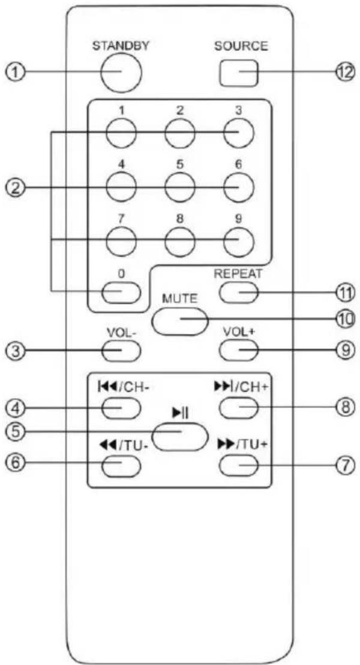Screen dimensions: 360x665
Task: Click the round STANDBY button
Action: pos(121,72)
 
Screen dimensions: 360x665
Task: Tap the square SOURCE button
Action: pos(239,72)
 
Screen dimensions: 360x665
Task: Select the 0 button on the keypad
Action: pos(121,292)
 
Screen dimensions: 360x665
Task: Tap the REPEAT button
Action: pos(239,292)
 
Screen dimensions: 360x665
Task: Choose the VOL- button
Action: pos(121,351)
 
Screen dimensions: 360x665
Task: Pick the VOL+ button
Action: pos(239,351)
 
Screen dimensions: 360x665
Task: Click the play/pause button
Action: pos(180,437)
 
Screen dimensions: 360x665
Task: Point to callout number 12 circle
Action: pos(344,72)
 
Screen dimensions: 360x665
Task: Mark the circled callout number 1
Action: pos(16,72)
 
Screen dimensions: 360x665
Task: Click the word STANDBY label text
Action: pos(121,46)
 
